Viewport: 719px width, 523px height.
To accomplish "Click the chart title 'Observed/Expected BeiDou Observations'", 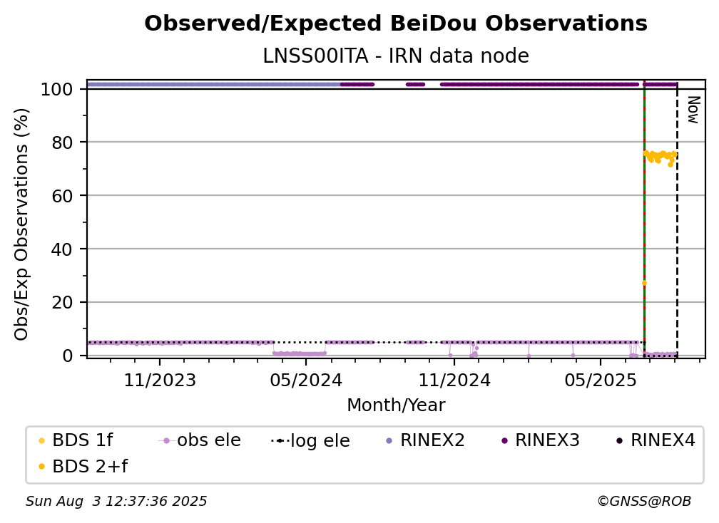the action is coord(396,24).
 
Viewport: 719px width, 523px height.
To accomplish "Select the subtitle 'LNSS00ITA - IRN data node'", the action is coord(396,56).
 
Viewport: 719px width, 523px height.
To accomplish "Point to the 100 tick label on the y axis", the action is coord(57,89).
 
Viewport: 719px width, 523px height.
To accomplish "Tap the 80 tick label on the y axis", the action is coord(62,143).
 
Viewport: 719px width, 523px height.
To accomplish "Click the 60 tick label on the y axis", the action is coord(62,195).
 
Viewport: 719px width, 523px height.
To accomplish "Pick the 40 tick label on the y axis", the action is coord(62,249).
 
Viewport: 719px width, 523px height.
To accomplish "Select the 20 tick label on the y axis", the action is coord(62,302).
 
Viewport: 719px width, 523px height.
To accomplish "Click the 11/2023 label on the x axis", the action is coord(160,380).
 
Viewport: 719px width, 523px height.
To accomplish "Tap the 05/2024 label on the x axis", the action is coord(306,380).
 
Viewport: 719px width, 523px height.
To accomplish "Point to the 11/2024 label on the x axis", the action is coord(454,380).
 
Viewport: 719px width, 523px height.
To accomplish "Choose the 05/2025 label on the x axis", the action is coord(601,380).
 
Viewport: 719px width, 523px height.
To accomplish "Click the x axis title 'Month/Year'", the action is coord(396,405).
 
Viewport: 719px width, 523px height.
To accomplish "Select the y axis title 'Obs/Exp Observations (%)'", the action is coord(21,224).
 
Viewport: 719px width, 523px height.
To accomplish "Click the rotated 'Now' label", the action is coord(693,110).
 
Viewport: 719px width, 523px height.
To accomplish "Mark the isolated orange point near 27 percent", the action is coord(644,283).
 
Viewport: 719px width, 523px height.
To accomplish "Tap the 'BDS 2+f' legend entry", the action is coord(83,466).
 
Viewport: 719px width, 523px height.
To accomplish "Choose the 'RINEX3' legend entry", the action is coord(541,440).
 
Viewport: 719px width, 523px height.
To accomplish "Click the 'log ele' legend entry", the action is coord(311,440).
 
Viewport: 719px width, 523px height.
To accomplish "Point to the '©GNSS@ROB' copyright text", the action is coord(644,502).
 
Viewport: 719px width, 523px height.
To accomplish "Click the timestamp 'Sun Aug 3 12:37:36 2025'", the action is coord(116,502).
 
